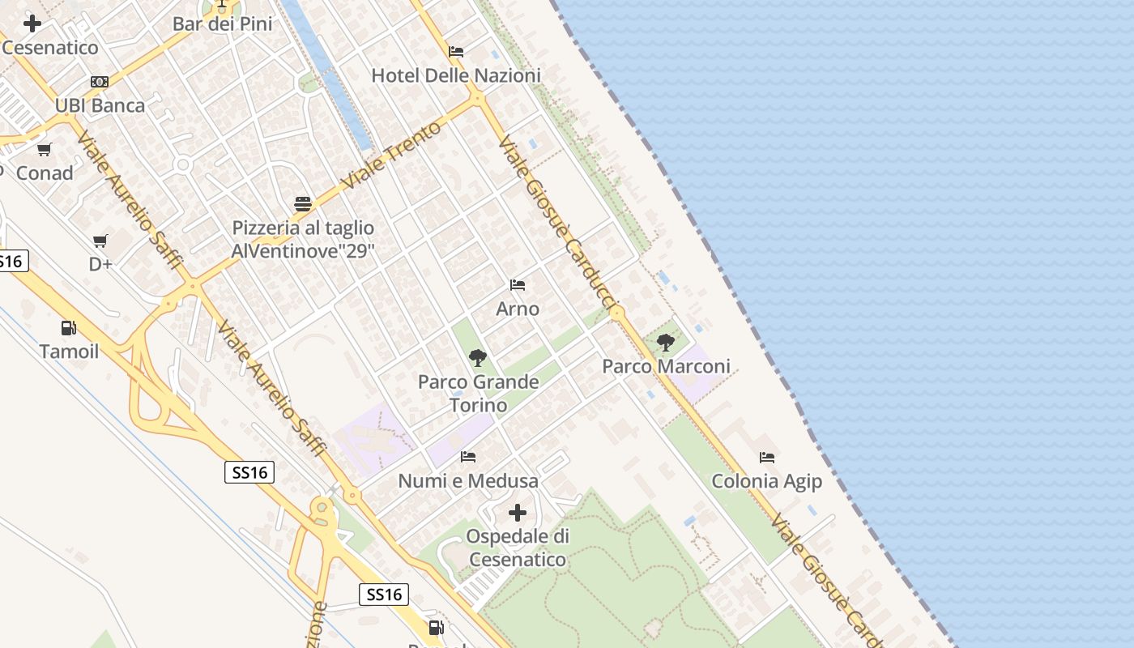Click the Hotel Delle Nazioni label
[456, 75]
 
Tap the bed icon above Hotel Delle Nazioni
[456, 52]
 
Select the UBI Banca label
[100, 105]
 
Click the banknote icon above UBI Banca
[100, 82]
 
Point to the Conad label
[45, 173]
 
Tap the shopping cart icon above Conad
[45, 149]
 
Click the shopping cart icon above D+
[100, 241]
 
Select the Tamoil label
[69, 352]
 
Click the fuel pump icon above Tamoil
[69, 328]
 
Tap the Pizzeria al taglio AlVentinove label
[303, 239]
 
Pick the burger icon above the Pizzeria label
[303, 203]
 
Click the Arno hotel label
[518, 309]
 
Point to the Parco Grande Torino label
[478, 393]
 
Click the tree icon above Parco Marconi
[666, 343]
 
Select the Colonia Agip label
[766, 481]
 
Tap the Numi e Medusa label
[468, 481]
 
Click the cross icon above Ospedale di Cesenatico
[518, 513]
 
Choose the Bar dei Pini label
[222, 23]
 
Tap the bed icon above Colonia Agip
[766, 458]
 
